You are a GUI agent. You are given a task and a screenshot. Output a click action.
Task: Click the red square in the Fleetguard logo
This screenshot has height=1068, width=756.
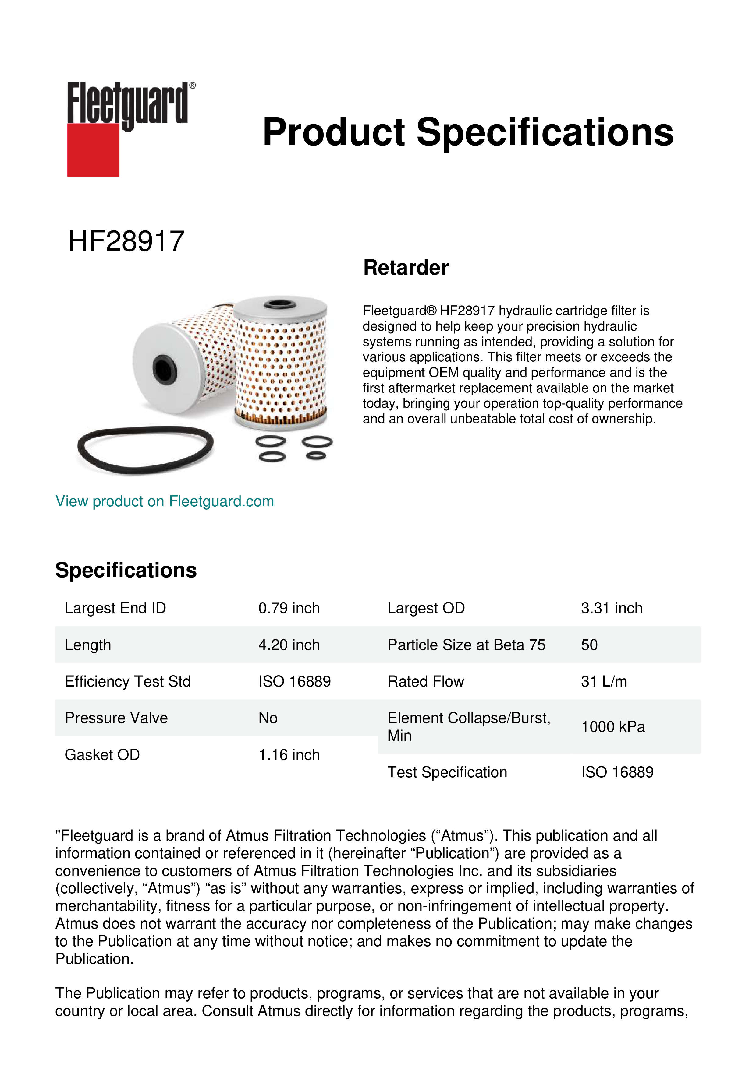coord(93,150)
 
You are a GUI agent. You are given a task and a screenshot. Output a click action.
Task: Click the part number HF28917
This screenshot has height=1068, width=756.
coord(126,241)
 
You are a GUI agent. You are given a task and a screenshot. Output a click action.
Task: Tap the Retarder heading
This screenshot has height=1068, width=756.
coord(406,268)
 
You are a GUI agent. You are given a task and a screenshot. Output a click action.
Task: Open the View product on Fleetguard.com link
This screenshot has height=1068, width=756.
coord(164,501)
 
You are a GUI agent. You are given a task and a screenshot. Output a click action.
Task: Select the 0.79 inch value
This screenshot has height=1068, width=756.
coord(289,608)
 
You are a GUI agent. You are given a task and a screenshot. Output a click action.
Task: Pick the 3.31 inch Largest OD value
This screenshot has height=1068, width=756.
coord(611,608)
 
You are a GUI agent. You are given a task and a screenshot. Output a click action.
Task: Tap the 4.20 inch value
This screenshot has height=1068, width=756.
coord(289,645)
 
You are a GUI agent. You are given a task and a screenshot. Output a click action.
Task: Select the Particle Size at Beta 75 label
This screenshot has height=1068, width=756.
coord(466,645)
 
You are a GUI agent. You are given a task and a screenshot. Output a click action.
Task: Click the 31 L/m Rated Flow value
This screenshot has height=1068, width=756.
coord(604,681)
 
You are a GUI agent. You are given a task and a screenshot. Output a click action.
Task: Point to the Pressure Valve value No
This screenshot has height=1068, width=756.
coord(268,718)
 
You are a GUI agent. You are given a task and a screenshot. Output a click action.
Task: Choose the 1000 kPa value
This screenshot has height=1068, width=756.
coord(612,727)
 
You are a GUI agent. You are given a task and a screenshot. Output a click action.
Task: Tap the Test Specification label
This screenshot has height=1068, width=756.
coord(447,772)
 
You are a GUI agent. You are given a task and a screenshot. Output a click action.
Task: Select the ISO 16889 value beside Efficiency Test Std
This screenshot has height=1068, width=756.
coord(294,681)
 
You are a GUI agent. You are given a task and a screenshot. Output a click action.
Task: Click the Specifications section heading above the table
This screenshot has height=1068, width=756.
coord(126,570)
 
